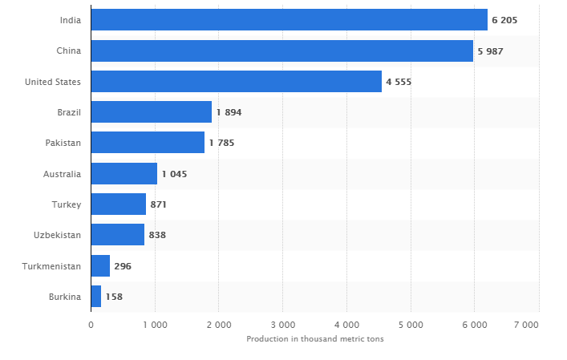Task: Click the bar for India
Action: click(x=289, y=20)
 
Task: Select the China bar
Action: click(x=281, y=51)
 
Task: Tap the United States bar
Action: click(x=236, y=82)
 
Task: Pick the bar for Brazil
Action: click(x=151, y=112)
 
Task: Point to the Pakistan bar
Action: click(x=148, y=143)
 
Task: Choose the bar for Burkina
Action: click(x=95, y=297)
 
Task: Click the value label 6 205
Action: click(x=504, y=20)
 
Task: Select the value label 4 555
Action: click(x=399, y=82)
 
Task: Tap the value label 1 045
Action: click(x=174, y=174)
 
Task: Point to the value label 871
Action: click(x=158, y=204)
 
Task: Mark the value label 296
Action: click(x=123, y=266)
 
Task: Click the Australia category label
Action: click(x=62, y=174)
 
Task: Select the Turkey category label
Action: click(x=66, y=204)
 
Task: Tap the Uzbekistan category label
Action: click(x=58, y=235)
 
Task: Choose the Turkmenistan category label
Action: click(x=52, y=266)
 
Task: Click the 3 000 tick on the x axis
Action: click(x=282, y=325)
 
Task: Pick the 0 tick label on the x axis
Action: click(x=91, y=325)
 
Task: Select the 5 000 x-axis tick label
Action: click(x=411, y=325)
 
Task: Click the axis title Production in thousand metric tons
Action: click(x=315, y=339)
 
